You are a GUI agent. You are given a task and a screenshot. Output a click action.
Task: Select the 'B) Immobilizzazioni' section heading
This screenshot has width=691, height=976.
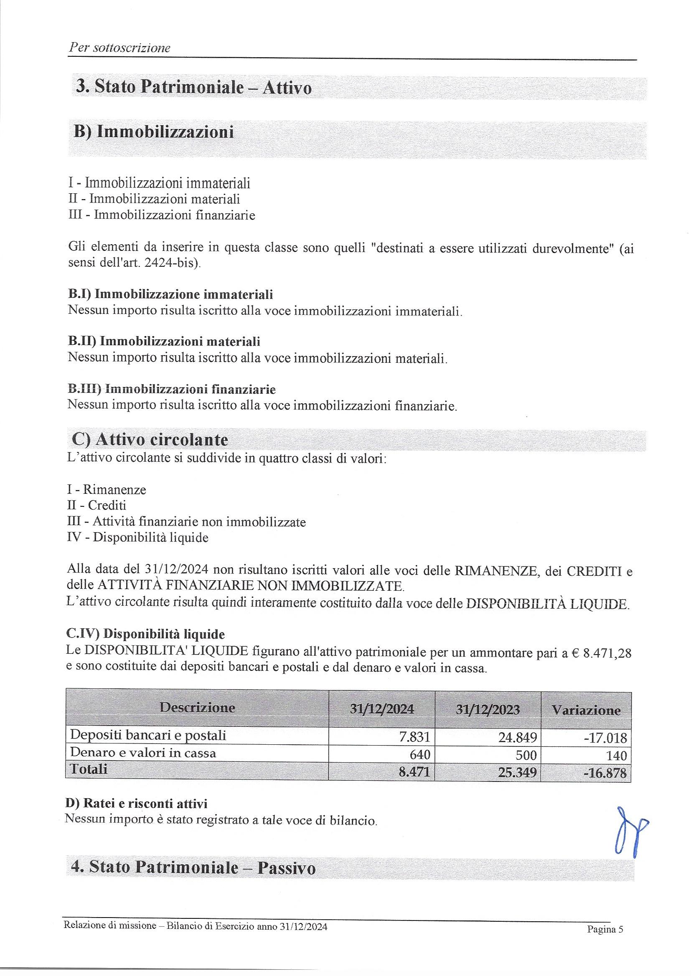click(x=154, y=132)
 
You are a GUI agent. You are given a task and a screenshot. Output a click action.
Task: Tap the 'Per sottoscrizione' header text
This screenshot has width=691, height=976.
click(x=119, y=48)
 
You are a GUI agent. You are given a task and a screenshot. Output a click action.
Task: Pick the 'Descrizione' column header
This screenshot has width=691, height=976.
click(x=197, y=707)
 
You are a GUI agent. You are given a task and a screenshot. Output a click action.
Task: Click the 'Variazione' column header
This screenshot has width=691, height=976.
click(x=586, y=710)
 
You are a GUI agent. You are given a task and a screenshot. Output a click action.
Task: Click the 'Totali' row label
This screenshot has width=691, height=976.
click(x=89, y=769)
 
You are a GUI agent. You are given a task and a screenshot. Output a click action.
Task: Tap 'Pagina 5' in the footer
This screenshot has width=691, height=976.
click(x=605, y=929)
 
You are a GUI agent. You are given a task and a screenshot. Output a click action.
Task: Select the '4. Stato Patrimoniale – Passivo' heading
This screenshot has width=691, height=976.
click(x=193, y=867)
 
